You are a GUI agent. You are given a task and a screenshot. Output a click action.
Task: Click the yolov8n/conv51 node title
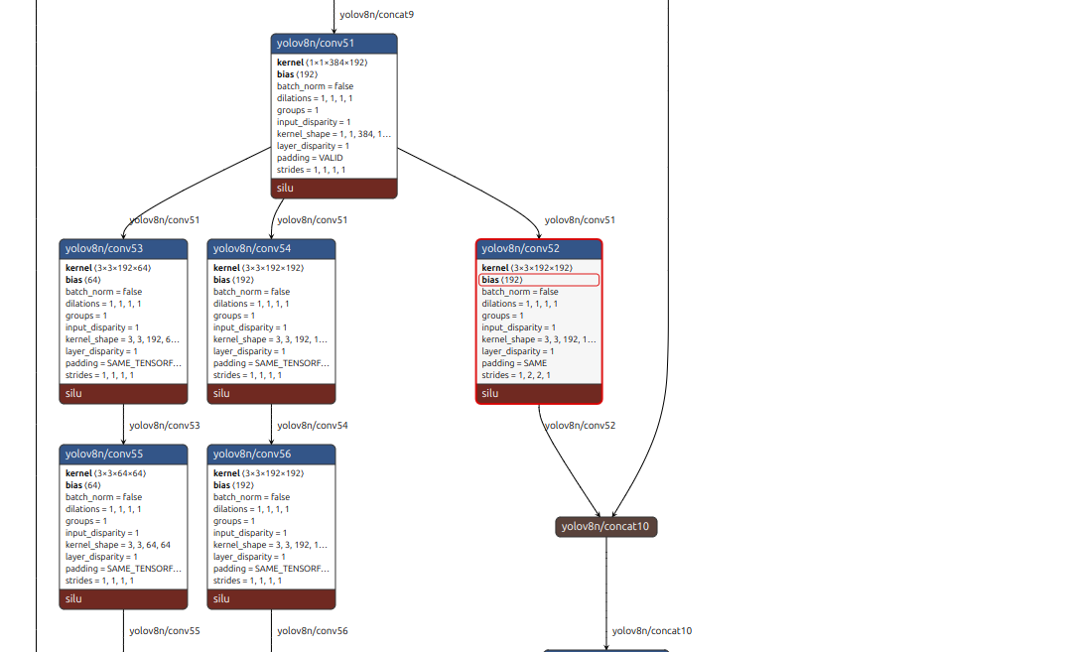click(333, 44)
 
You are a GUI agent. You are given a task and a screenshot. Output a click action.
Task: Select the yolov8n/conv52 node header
click(539, 248)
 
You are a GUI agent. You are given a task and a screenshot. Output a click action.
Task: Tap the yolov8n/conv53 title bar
click(123, 248)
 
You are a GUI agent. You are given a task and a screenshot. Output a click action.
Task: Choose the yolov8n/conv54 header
click(271, 248)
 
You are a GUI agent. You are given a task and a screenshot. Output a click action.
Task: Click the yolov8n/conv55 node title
click(123, 454)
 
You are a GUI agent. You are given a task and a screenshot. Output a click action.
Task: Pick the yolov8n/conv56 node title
click(271, 454)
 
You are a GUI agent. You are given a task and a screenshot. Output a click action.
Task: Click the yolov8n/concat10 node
click(605, 526)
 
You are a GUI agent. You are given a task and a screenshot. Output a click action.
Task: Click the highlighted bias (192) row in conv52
click(539, 280)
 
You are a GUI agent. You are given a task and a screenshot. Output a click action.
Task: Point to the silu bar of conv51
click(333, 188)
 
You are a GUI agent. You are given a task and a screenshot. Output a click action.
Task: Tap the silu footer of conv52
click(539, 393)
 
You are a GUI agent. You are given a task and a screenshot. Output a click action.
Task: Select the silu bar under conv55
click(123, 598)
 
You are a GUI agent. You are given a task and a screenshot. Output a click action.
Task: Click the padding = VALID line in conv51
click(311, 158)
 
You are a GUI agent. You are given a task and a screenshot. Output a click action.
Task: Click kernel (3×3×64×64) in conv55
click(106, 473)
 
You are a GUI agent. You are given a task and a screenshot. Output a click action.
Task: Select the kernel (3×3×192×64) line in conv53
click(108, 268)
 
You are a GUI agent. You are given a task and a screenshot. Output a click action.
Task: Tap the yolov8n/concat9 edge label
click(376, 15)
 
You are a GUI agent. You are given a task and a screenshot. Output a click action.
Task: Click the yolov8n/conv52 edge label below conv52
click(580, 426)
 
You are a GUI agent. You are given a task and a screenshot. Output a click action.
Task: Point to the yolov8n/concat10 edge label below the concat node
click(651, 631)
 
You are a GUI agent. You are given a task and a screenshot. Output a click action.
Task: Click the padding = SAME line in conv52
click(514, 363)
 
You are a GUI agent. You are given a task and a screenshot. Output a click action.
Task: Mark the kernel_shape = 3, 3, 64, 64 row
click(118, 545)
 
